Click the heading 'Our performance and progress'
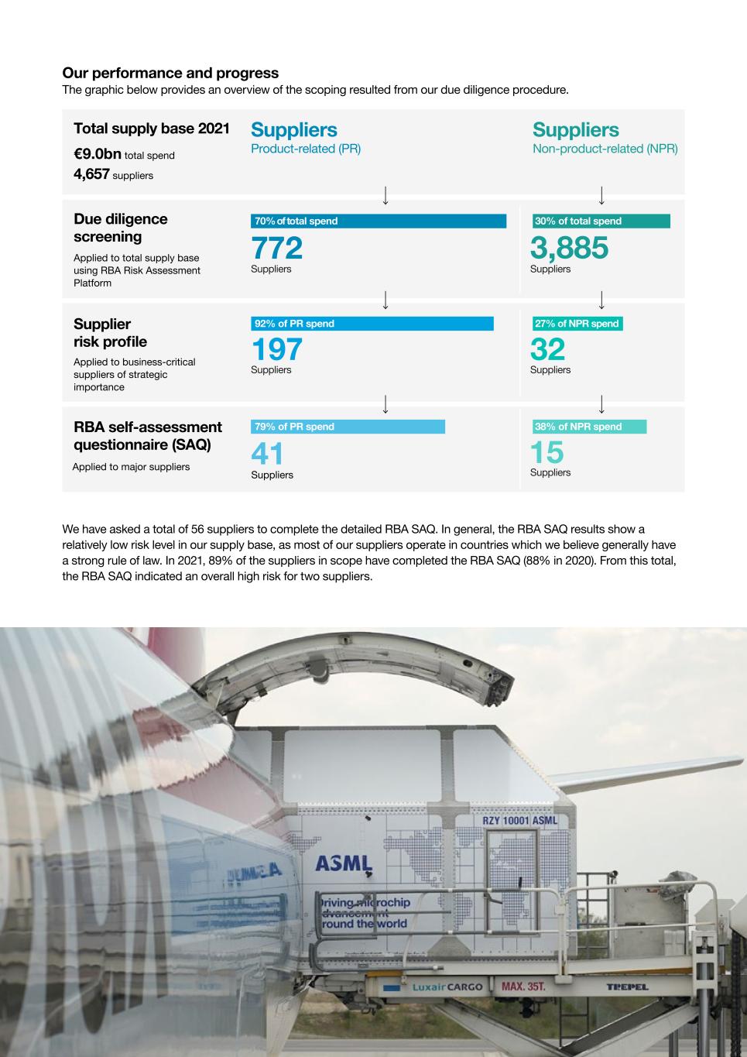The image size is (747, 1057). [170, 73]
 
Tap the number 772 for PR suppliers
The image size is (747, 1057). [276, 248]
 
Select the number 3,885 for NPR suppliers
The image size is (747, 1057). [569, 248]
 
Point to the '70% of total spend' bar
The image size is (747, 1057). [378, 221]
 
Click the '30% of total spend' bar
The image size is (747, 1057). [601, 221]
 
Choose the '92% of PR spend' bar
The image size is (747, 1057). [372, 324]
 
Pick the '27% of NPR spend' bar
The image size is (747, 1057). [577, 324]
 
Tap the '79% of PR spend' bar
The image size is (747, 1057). [348, 427]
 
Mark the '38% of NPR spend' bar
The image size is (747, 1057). [588, 427]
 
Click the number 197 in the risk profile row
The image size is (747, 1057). [276, 350]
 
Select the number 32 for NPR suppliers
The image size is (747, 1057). [547, 350]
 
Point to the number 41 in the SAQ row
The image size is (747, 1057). [267, 454]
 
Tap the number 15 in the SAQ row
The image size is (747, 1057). [547, 453]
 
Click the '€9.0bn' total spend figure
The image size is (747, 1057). [98, 154]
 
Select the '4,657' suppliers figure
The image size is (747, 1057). [91, 174]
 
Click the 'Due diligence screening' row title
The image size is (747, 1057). [120, 228]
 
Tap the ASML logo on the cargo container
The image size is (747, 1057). [344, 863]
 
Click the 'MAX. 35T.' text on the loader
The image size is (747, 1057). [523, 987]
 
